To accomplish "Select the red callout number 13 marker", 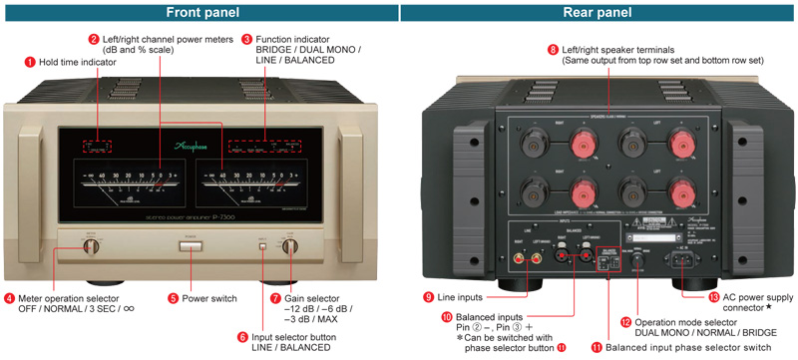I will point(686,296).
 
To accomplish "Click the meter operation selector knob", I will point(90,245).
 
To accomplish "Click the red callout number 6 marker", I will point(243,337).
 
